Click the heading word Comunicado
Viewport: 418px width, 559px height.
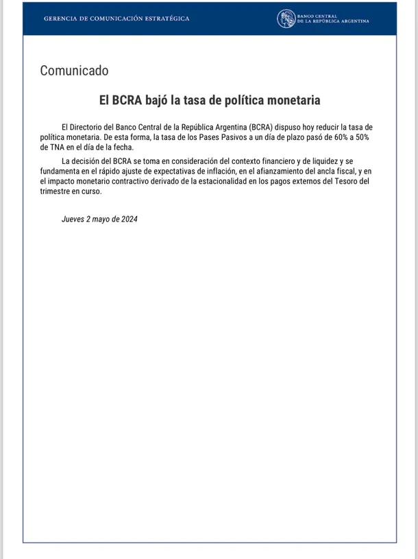pos(74,71)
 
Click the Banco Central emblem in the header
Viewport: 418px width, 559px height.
pos(286,19)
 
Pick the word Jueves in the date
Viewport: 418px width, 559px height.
pos(73,219)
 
